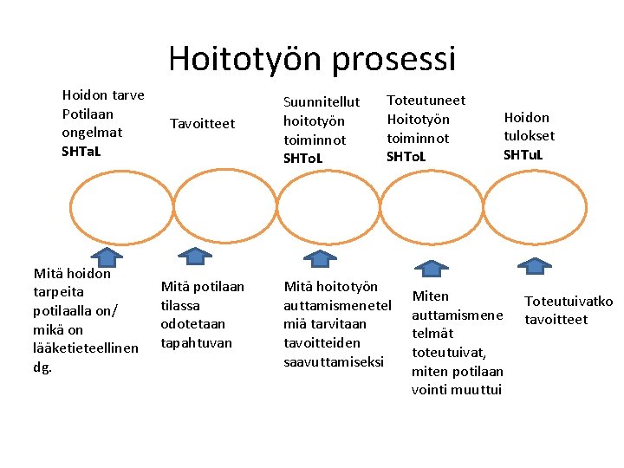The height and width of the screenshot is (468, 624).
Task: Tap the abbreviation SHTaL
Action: pos(81,151)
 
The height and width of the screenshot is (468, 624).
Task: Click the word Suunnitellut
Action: pos(322,102)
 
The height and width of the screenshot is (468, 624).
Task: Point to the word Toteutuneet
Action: pos(426,101)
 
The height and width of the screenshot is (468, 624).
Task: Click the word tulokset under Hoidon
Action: pos(529,135)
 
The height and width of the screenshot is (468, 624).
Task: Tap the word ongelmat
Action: pos(92,132)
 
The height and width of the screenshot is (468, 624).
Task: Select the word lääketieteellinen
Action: pos(85,348)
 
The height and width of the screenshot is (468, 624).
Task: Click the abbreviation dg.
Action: pos(42,367)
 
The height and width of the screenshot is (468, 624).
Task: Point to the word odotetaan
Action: pos(192,323)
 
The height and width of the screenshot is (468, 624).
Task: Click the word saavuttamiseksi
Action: pos(333,361)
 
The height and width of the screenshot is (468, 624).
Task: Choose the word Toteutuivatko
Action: pos(569,302)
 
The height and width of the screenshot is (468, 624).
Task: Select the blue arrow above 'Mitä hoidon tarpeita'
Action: pos(107,257)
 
